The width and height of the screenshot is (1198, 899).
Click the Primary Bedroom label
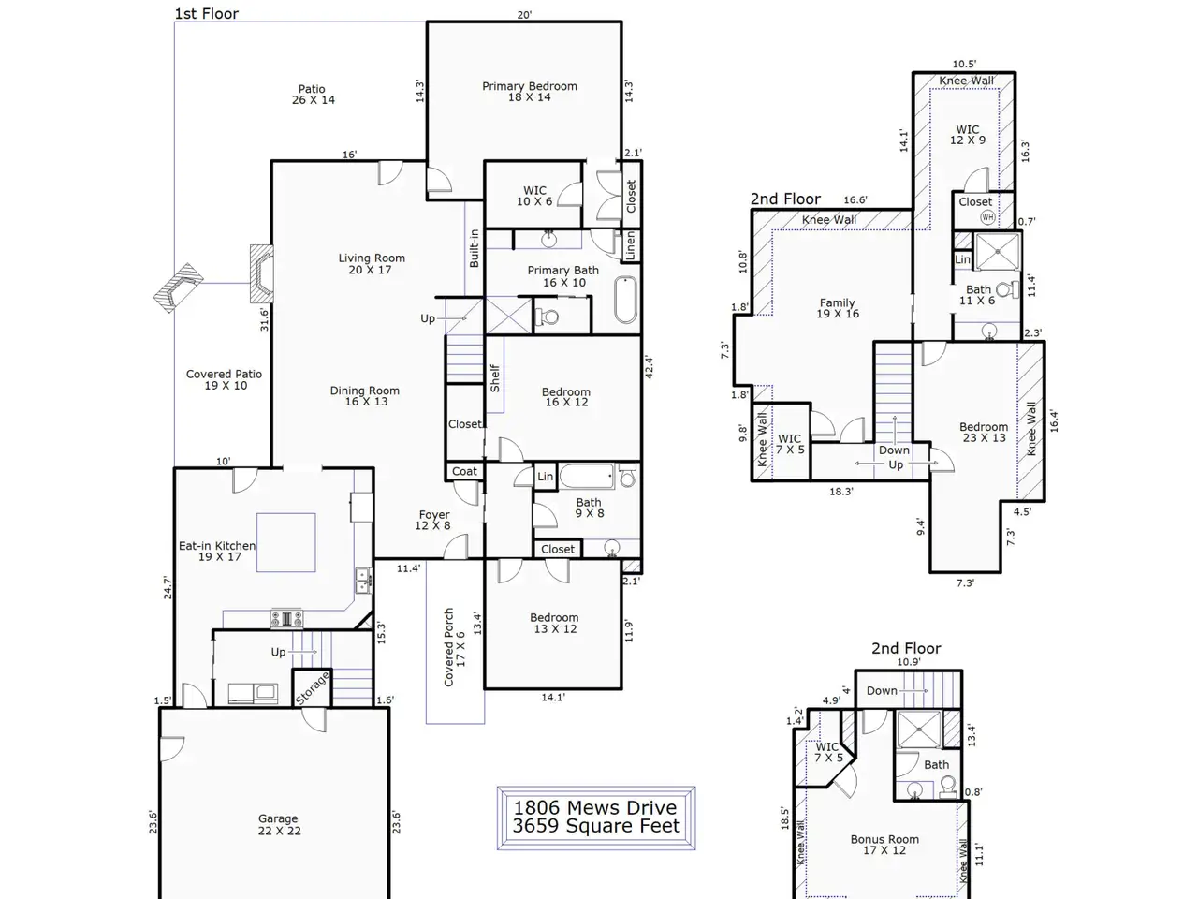(x=530, y=92)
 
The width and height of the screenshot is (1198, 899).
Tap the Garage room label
(x=278, y=824)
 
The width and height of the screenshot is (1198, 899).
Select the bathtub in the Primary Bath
(x=625, y=300)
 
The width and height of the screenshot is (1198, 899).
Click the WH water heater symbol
(x=987, y=217)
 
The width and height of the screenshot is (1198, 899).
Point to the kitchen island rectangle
(x=286, y=542)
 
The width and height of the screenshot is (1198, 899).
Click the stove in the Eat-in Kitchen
(x=286, y=619)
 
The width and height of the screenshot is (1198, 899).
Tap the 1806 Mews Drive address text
(x=595, y=807)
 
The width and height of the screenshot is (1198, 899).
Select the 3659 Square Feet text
(x=596, y=826)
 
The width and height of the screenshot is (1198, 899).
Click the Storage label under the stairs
(x=313, y=687)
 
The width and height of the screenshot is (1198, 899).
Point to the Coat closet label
(x=464, y=471)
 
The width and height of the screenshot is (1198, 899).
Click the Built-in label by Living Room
(x=474, y=248)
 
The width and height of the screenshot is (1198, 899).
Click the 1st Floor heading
(x=206, y=14)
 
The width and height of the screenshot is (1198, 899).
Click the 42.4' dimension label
(x=649, y=367)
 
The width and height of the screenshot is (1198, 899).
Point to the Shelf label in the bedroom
(x=495, y=378)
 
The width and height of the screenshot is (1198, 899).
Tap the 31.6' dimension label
(x=264, y=319)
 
